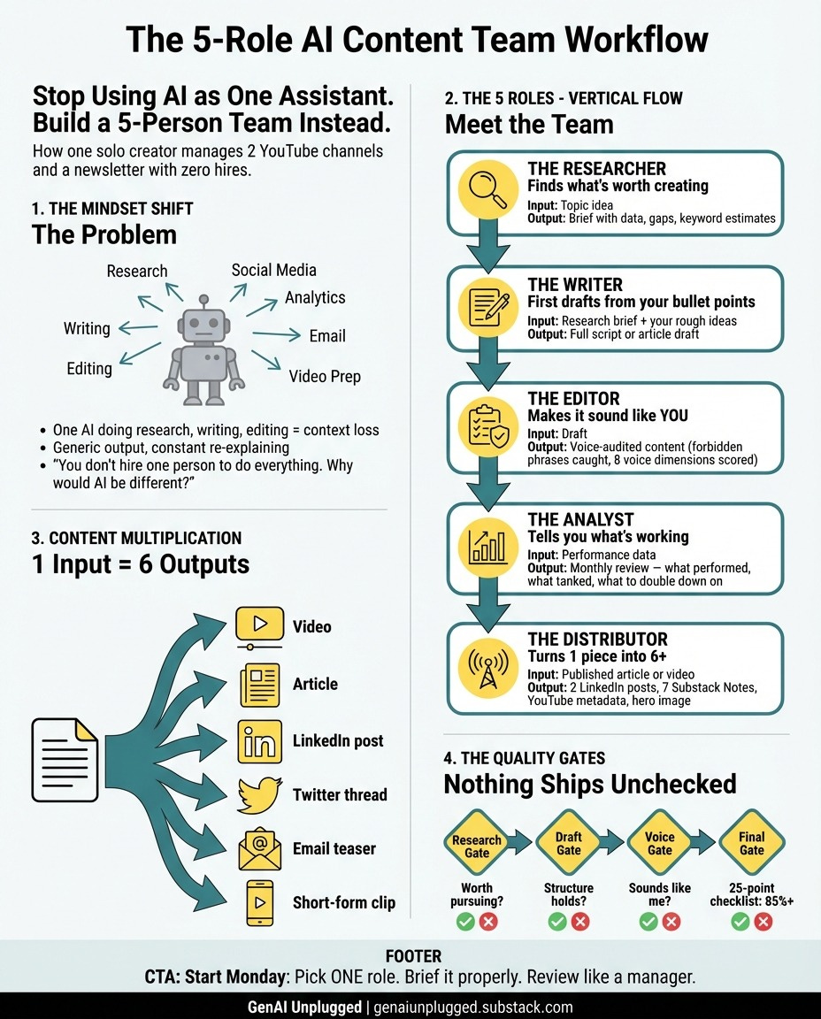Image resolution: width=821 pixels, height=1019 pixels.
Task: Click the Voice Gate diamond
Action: click(659, 844)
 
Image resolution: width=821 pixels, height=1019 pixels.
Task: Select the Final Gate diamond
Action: click(751, 844)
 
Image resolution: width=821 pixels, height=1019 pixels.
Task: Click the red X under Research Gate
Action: click(487, 923)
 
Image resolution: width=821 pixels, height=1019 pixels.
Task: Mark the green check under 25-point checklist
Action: click(740, 923)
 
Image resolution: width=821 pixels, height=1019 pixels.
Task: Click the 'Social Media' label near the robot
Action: click(273, 271)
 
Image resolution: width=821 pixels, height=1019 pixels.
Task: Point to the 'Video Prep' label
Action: click(325, 377)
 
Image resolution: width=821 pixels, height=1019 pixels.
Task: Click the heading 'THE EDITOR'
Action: click(573, 399)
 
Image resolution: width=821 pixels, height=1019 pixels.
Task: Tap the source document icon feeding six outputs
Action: click(65, 758)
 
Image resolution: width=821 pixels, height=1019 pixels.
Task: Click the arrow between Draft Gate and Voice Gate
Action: click(613, 843)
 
